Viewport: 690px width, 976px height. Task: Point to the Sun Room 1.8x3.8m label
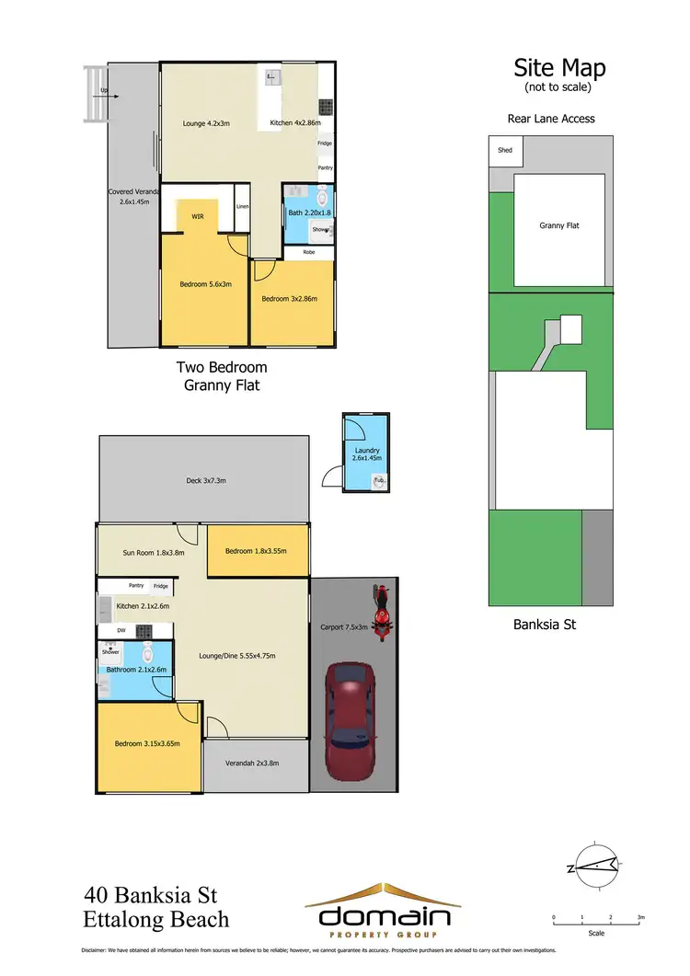coord(155,553)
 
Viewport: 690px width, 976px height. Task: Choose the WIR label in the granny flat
coord(197,217)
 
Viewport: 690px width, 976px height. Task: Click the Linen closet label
coord(242,206)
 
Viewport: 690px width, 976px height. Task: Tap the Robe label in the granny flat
coord(308,251)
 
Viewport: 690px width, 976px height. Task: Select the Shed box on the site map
coord(504,150)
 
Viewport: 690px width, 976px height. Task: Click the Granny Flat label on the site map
coord(558,224)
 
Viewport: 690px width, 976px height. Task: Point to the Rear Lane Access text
coord(551,119)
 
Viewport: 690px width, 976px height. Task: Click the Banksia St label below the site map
coord(543,626)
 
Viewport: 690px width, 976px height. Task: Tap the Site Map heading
coord(558,69)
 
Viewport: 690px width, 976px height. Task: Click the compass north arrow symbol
coord(594,864)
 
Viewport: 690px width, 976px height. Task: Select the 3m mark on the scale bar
coord(641,917)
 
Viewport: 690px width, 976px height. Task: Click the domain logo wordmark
coord(384,917)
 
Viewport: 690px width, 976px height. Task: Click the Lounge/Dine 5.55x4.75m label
coord(237,656)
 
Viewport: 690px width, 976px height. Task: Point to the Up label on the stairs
coord(104,90)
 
